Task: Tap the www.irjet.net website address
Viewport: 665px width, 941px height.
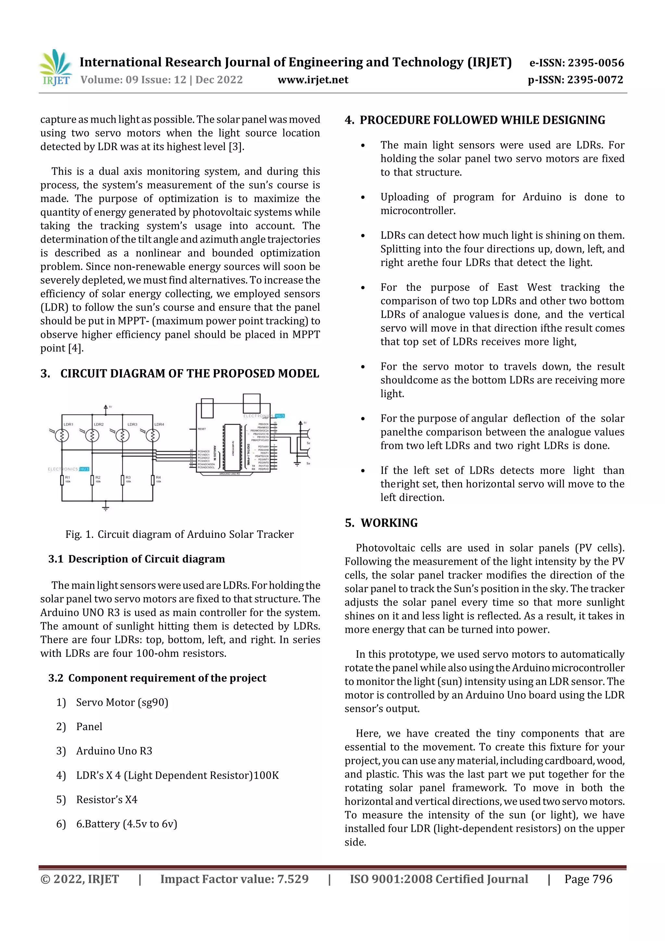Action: pos(313,80)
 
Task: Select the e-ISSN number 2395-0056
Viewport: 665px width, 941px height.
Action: pos(576,63)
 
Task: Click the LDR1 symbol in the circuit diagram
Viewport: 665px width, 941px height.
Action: pos(62,435)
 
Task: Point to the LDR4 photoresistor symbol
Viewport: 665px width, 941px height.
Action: pos(152,435)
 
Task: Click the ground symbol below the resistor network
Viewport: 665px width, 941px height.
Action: pos(106,507)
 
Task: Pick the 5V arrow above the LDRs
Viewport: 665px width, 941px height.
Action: pos(106,407)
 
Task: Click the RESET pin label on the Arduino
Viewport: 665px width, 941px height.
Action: pos(202,429)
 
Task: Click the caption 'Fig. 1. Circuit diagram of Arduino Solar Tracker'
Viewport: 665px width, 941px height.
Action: pos(180,534)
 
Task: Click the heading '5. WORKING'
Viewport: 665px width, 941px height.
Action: pos(381,523)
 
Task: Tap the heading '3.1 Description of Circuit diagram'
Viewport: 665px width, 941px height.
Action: pos(136,559)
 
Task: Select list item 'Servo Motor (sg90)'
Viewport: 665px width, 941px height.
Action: pos(122,703)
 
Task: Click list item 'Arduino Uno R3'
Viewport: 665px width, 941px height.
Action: pos(114,751)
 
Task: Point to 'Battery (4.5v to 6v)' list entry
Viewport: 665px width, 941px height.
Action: pos(127,824)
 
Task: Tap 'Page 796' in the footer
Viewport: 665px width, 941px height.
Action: pos(588,879)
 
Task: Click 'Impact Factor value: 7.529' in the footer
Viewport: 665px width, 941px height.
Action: pos(234,879)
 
